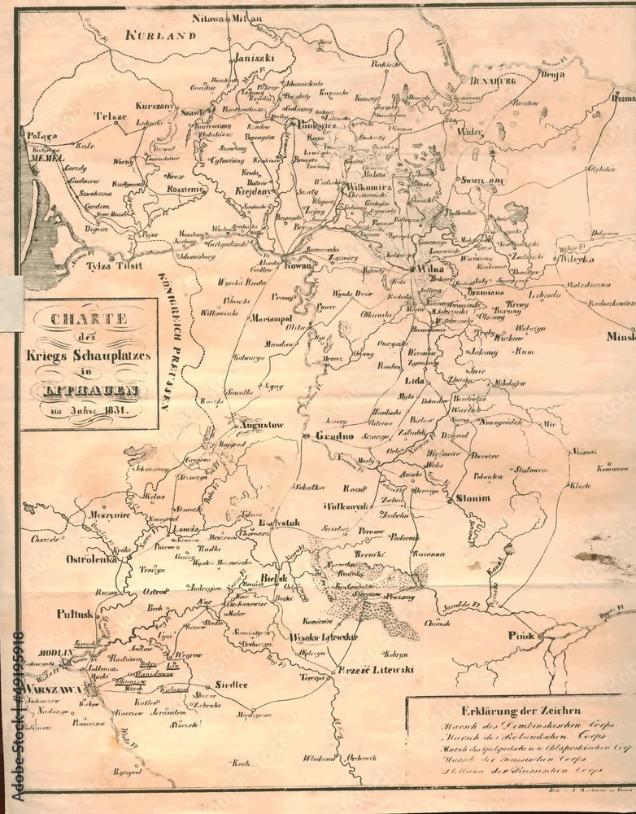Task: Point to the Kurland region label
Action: [161, 35]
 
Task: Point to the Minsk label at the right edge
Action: [621, 335]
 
